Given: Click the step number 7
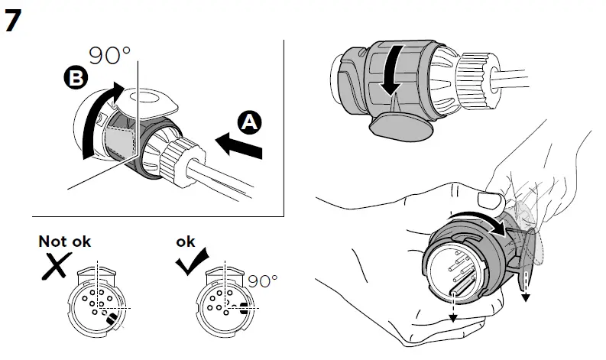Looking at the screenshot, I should [14, 21].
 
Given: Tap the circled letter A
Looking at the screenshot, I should [249, 122].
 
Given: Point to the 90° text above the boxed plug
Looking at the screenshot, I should [110, 56].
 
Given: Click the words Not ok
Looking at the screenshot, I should [65, 242].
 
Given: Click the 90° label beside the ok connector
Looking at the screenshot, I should [262, 281].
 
